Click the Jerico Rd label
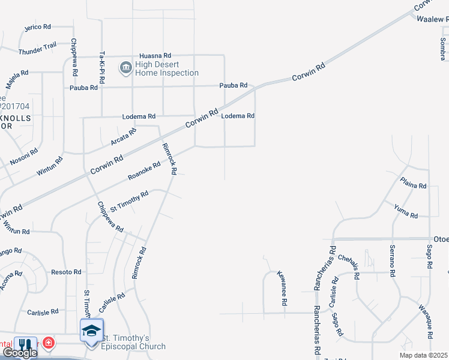click(38, 28)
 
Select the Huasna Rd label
click(155, 55)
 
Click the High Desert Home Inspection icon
click(125, 67)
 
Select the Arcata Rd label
click(123, 136)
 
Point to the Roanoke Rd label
click(144, 171)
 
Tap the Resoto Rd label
click(66, 272)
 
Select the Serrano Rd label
click(392, 261)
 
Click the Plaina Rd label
click(414, 186)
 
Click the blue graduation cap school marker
click(91, 331)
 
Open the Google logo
click(19, 353)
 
